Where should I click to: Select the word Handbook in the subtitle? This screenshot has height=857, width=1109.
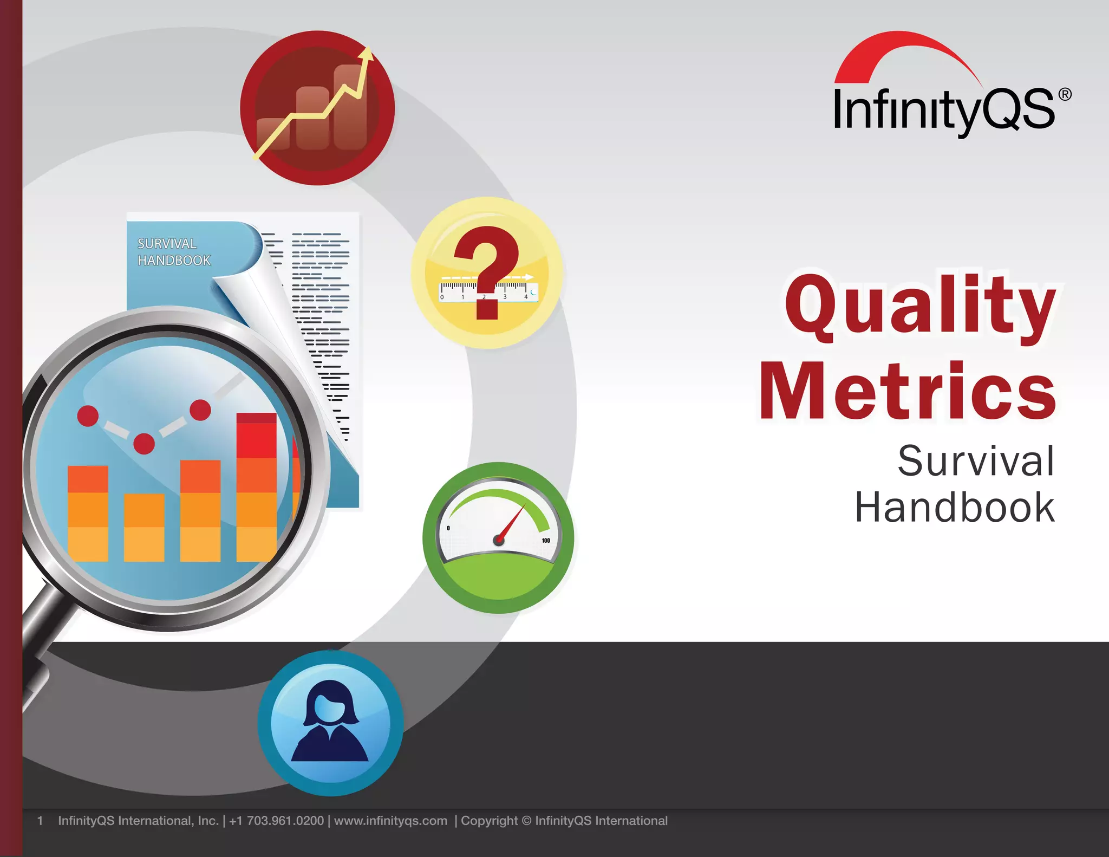click(x=954, y=508)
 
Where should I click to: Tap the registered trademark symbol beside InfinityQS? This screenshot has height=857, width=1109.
click(x=1065, y=95)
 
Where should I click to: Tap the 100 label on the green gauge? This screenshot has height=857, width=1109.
click(x=546, y=540)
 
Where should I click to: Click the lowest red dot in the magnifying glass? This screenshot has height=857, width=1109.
click(x=144, y=444)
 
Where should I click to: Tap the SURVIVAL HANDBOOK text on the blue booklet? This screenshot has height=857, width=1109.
click(x=173, y=252)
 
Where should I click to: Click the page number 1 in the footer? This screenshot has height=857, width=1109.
click(x=40, y=821)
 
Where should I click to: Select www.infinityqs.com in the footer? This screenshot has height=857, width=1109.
click(x=390, y=821)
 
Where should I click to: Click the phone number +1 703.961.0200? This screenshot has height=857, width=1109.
click(x=276, y=821)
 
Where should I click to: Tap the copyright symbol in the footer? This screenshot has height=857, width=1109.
click(x=526, y=821)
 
